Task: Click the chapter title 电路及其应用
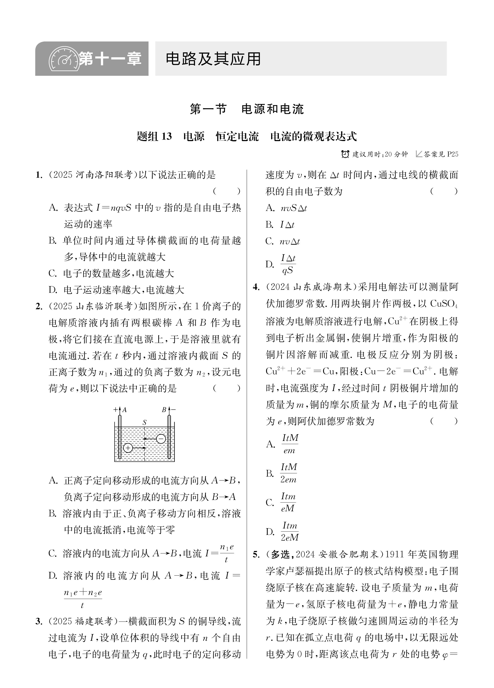point(213,59)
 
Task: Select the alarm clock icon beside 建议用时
point(345,154)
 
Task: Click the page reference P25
point(452,154)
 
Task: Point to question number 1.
point(39,175)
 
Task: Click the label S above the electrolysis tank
point(144,422)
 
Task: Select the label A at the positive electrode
point(124,410)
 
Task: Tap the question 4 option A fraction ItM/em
point(290,444)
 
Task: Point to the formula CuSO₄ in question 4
point(444,304)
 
